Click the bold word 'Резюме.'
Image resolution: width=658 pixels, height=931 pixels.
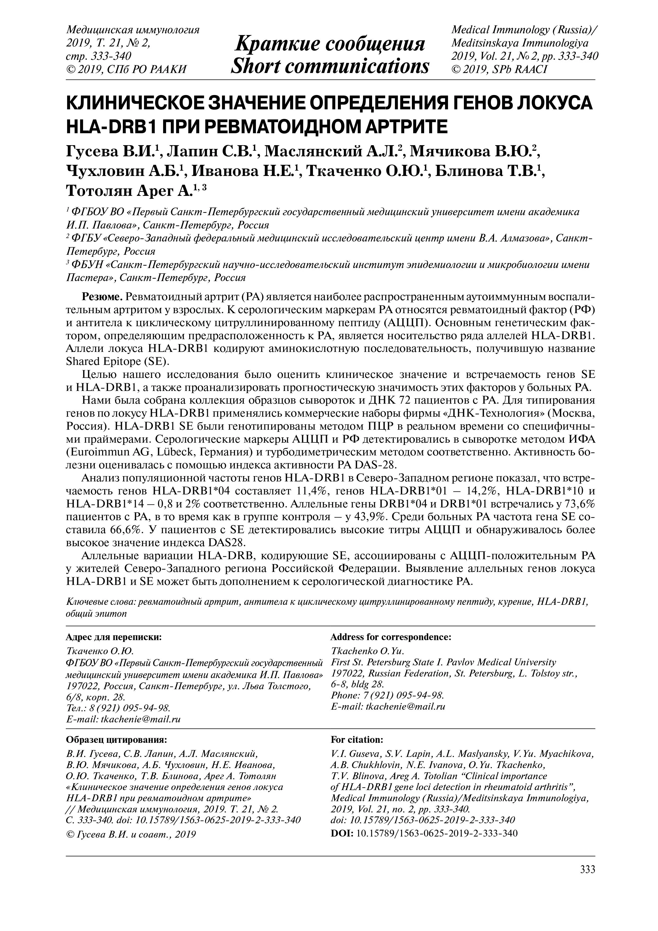point(103,296)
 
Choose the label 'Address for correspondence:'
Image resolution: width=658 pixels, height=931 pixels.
point(391,637)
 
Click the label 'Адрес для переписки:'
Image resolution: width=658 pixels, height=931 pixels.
point(114,637)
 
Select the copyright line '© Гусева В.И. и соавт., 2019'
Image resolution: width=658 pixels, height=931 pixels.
point(131,834)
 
